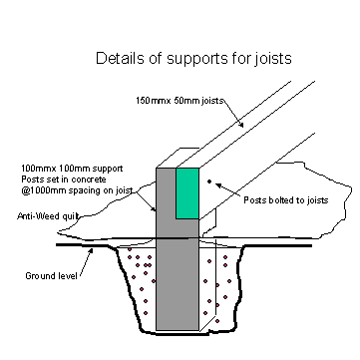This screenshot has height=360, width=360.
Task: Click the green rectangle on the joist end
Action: [x=187, y=192]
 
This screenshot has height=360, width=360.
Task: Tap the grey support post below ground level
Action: [x=178, y=289]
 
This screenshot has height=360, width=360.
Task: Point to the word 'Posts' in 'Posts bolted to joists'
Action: [x=254, y=199]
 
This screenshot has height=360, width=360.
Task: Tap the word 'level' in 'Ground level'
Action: [x=63, y=274]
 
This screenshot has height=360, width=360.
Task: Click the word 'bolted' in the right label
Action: [x=281, y=199]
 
